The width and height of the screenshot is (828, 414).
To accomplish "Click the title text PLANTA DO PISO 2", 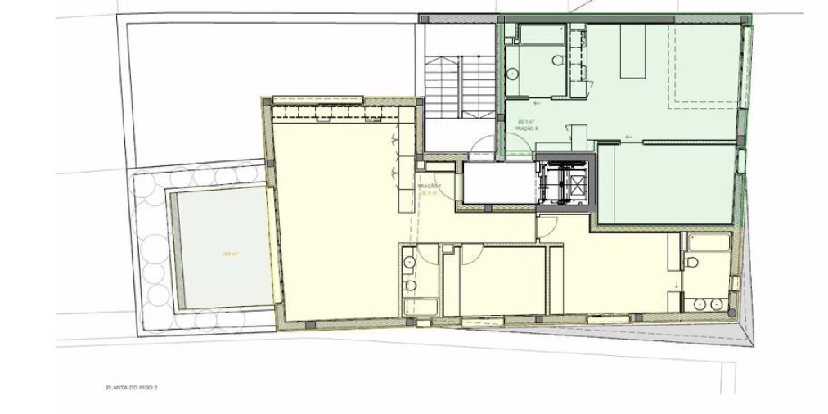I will pos(132,387).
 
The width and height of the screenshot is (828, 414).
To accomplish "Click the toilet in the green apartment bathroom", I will pos(556,61).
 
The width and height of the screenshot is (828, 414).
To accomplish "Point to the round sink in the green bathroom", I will pos(512,74).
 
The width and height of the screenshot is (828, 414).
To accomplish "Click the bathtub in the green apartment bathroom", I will pos(542,34).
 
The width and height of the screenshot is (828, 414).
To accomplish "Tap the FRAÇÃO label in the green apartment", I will pos(525,128).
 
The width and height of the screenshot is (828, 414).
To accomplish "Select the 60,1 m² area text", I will pos(524,122).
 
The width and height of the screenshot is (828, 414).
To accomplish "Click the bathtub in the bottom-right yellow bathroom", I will pos(709,242).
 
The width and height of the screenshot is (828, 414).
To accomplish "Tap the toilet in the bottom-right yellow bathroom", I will pos(691,263).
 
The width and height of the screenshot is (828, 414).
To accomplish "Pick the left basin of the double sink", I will pos(700,304).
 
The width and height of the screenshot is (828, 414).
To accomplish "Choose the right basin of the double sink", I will pos(718,304).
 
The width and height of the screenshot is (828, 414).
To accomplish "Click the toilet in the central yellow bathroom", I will pos(410,286).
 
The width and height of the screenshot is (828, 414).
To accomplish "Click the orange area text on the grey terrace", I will pos(230,254).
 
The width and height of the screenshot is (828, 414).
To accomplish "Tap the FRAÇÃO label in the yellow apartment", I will pos(430,187).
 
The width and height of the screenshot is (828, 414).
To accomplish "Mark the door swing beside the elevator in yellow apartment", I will pos(547,227).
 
